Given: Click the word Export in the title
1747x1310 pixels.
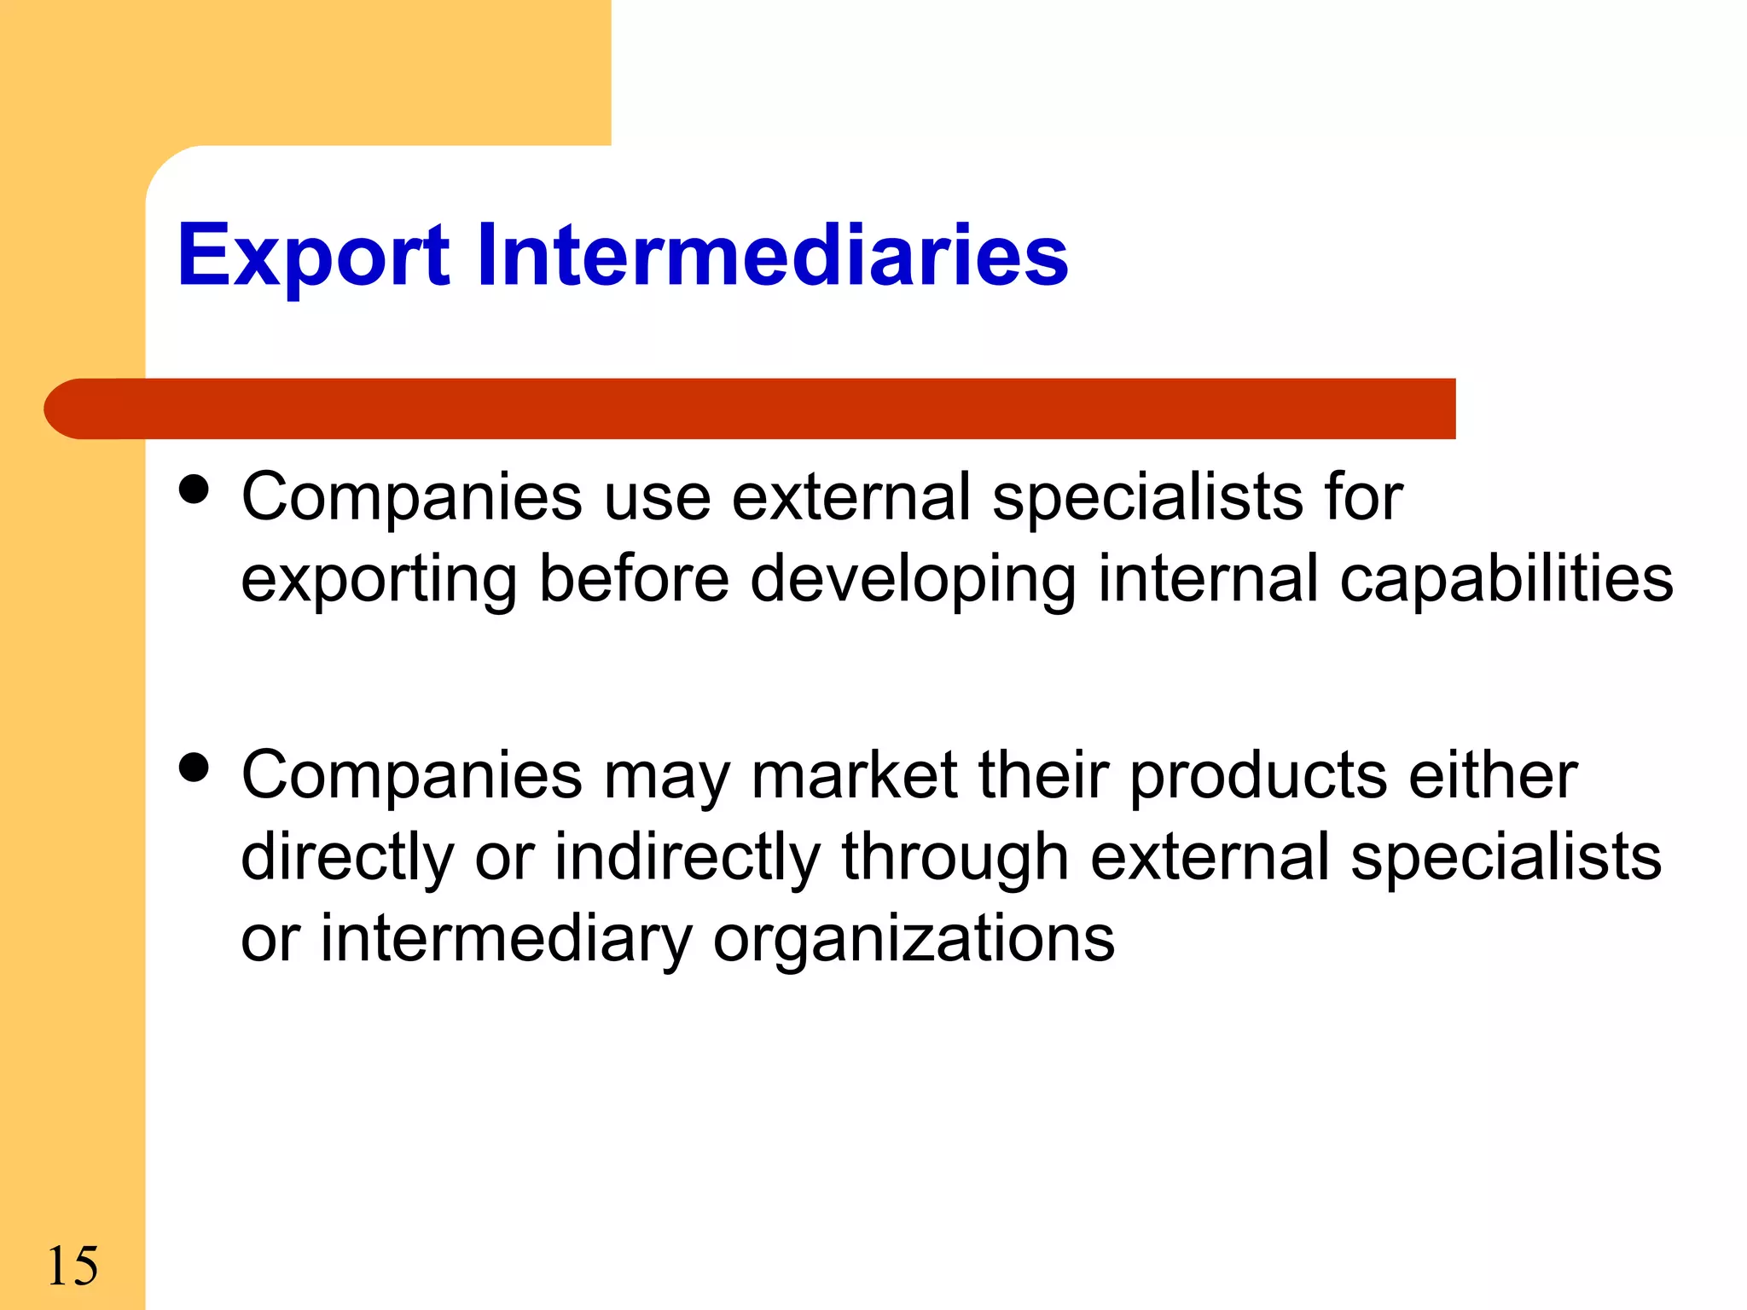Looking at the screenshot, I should (312, 256).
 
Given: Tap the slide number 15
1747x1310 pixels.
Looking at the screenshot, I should (73, 1266).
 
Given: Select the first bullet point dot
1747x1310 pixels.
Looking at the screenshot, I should (194, 491).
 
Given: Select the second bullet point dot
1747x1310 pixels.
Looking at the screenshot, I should (194, 768).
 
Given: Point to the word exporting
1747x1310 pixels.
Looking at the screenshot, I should (379, 580).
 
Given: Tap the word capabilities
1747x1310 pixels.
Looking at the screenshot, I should (1506, 578).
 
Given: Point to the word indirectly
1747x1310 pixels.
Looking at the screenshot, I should (688, 857).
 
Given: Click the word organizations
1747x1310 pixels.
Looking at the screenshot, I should (914, 939).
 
